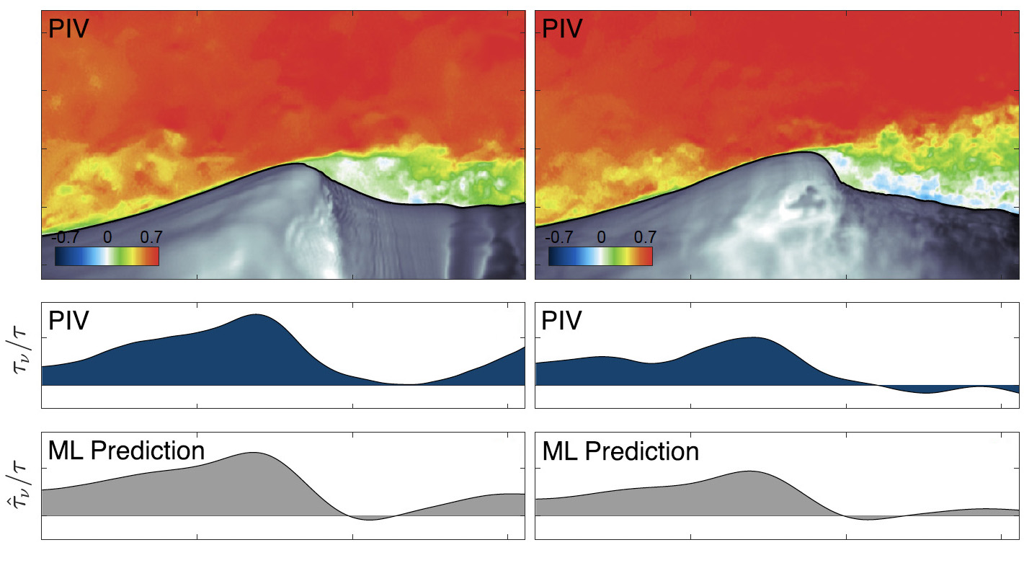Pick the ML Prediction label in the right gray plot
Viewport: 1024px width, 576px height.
(620, 451)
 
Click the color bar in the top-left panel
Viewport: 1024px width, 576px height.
(107, 256)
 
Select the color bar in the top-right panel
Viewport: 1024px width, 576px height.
(600, 256)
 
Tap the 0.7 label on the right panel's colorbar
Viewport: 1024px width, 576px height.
(644, 237)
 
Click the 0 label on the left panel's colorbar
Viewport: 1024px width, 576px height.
(107, 237)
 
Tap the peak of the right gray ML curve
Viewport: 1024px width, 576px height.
(749, 471)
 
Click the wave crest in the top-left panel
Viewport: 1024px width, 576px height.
(297, 164)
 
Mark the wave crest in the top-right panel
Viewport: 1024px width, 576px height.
(806, 152)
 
